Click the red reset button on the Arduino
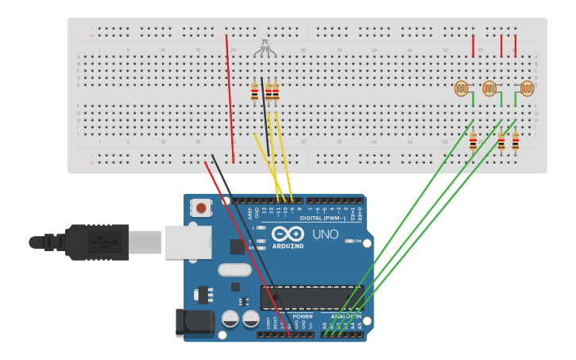[201, 208]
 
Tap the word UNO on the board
[324, 235]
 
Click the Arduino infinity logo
[286, 234]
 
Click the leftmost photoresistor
[462, 88]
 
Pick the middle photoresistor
[490, 88]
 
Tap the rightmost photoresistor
[527, 88]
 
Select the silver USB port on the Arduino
[188, 242]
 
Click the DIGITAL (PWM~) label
[322, 218]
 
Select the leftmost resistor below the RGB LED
[254, 92]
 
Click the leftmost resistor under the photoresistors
[473, 141]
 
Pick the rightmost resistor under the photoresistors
[515, 141]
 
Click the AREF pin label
[251, 213]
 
